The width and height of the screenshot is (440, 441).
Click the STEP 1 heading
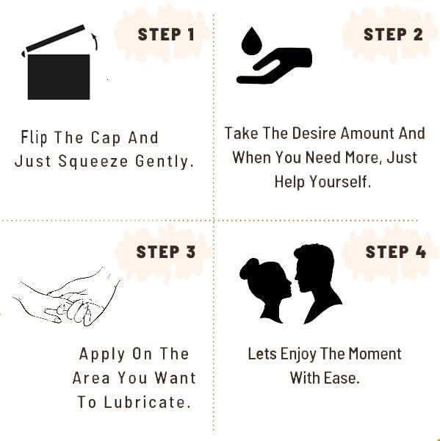[x=166, y=35]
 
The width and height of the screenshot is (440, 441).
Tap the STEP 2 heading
[x=393, y=35]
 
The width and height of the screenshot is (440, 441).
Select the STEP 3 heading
[x=166, y=252]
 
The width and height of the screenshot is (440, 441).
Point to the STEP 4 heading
[x=395, y=252]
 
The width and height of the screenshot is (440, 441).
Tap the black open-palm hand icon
[x=275, y=66]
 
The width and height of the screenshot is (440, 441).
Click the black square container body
[x=59, y=76]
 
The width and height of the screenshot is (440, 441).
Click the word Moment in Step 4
[x=374, y=354]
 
